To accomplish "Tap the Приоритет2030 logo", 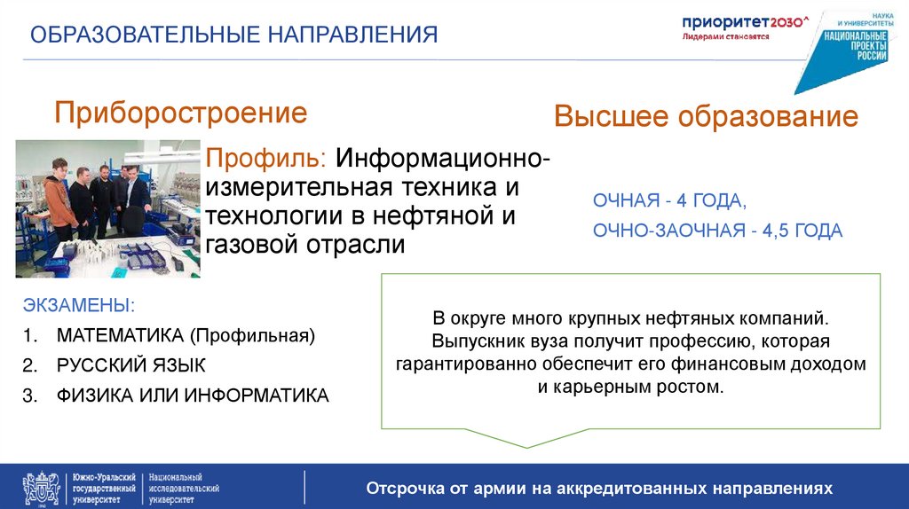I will pos(746,27).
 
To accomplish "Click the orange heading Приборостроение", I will pos(181,113).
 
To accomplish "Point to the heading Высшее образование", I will pos(706,117).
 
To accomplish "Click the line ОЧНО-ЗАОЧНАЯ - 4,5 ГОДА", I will pos(717,231).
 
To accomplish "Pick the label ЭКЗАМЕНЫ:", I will pos(79,306).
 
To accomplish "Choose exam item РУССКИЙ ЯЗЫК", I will pos(130,365).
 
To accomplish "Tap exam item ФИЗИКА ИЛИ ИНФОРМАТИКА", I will pos(193,395).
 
